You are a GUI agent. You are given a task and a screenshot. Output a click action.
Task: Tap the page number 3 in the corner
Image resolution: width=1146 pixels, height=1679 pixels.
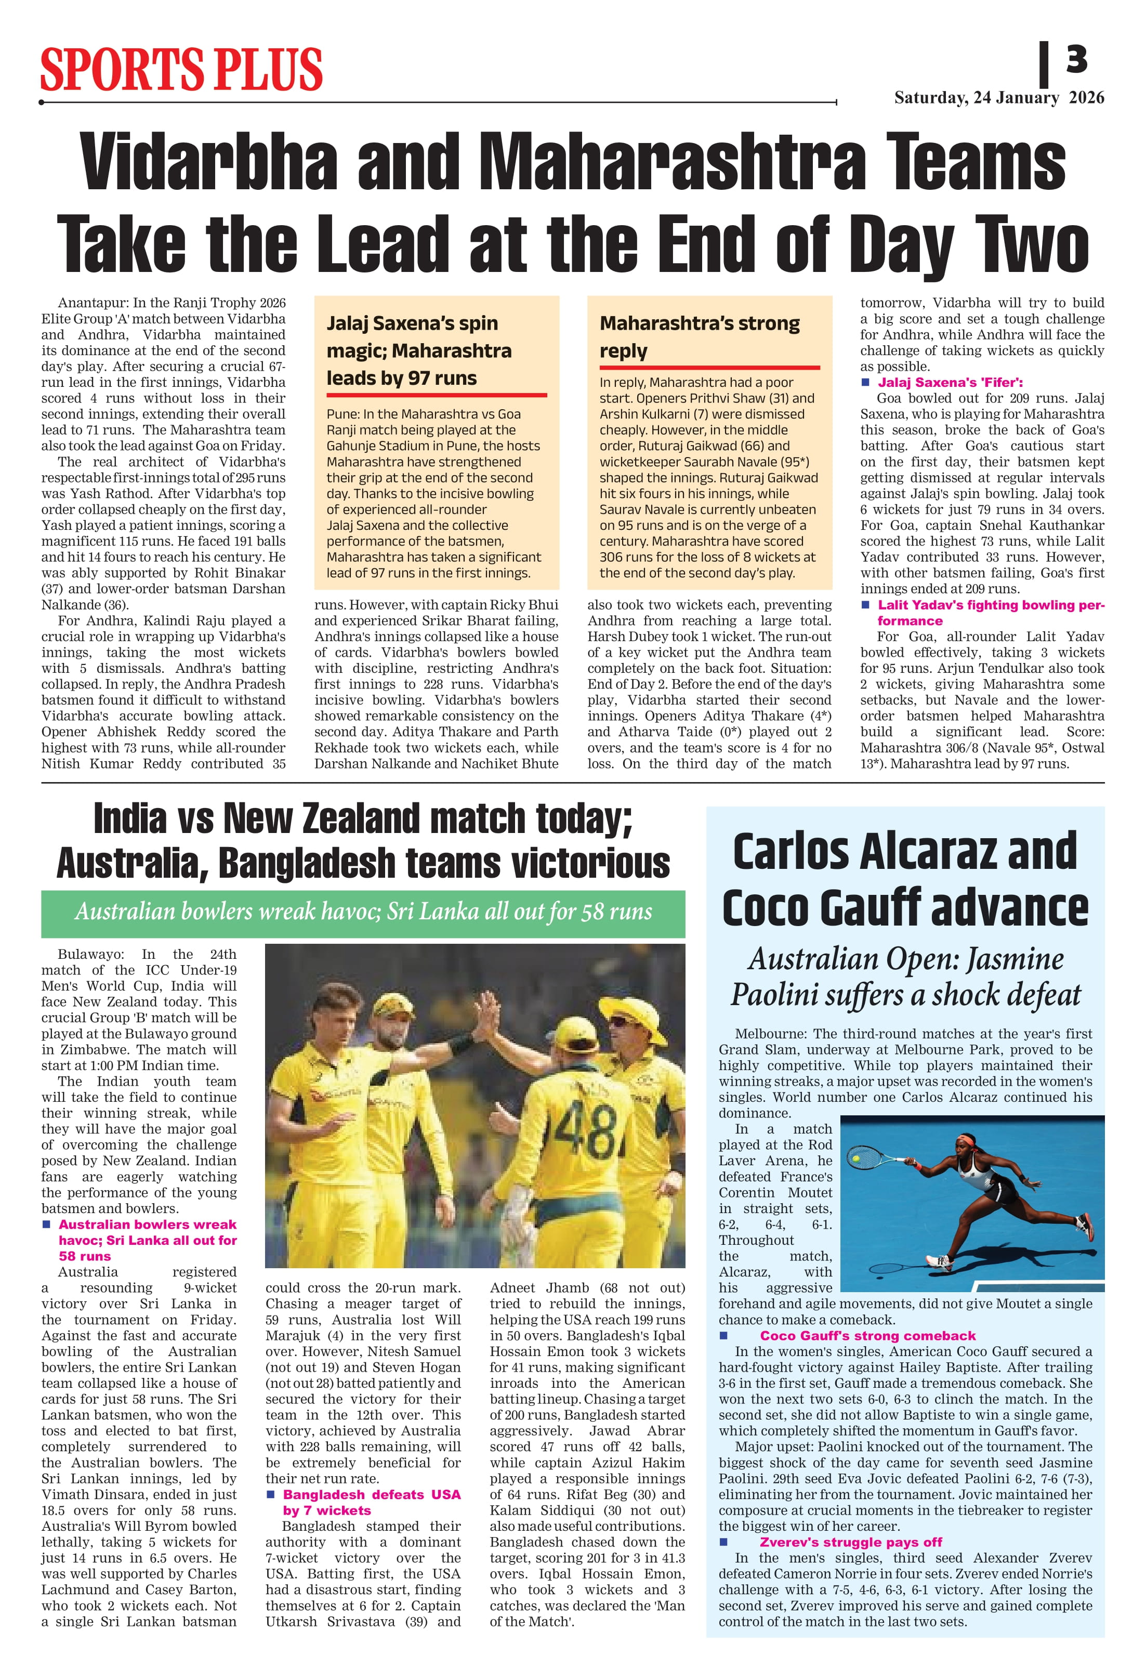click(1076, 59)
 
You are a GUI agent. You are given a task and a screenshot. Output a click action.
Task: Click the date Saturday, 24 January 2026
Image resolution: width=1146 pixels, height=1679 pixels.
click(999, 98)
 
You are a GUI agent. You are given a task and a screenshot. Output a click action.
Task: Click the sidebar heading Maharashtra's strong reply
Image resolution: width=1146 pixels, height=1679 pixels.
click(699, 336)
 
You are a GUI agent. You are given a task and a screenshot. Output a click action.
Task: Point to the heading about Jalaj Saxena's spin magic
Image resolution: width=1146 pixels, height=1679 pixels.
click(419, 350)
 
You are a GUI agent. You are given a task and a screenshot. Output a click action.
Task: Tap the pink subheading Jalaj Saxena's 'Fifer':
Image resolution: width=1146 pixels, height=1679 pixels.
click(950, 382)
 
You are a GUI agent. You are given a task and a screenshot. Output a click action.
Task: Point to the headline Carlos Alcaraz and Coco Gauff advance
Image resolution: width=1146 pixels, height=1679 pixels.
click(904, 879)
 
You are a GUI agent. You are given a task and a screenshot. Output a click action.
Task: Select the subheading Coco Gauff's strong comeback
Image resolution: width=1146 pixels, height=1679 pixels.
click(866, 1336)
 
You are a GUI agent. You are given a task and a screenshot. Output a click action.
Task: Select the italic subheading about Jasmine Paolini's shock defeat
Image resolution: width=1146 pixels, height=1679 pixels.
click(905, 977)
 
